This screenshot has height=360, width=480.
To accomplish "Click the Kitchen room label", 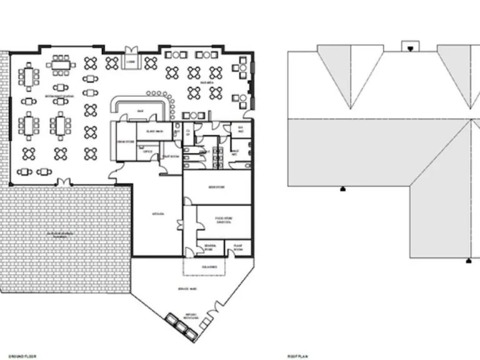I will (158, 214).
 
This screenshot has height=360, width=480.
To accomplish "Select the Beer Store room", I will (216, 187).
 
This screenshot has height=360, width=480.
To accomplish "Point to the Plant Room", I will (237, 247).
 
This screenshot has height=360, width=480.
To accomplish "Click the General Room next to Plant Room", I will (210, 247).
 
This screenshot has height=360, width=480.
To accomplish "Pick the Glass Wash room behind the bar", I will (154, 131).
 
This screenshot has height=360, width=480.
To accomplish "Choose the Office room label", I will (148, 151).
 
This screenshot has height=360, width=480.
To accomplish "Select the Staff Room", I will (170, 156).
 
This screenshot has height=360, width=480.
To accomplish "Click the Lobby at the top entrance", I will (131, 61).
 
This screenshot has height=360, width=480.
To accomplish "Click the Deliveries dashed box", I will (204, 267).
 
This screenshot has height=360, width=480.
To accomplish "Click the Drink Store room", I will (126, 141).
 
